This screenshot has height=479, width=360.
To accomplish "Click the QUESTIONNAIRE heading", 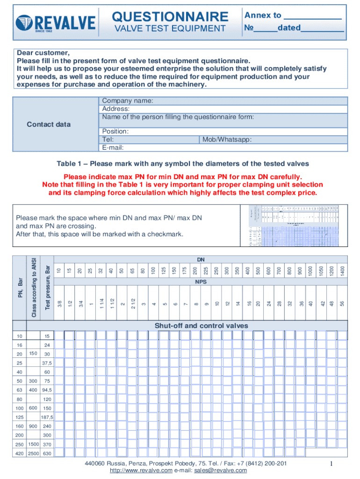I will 170,17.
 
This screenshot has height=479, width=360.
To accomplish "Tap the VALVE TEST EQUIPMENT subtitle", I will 170,29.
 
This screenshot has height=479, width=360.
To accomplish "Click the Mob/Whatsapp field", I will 274,140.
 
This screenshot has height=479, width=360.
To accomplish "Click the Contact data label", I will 49,124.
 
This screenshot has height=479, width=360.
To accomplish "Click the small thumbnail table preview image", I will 294,226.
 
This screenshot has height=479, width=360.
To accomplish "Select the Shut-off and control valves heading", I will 201,326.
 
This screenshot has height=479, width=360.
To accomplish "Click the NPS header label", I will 201,283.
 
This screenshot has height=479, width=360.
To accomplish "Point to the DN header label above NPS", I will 201,259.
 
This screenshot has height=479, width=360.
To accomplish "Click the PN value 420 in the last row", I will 19,453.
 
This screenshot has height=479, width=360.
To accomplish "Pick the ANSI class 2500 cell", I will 33,453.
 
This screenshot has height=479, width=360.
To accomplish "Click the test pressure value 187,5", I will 47,417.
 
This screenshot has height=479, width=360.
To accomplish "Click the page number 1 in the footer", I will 330,464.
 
